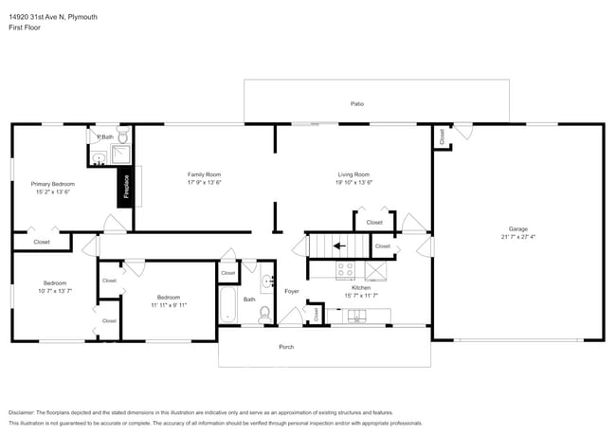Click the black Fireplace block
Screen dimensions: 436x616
tap(124, 187)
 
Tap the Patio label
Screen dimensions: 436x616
tap(356, 103)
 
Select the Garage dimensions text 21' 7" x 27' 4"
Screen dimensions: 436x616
tap(518, 237)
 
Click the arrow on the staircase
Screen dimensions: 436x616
tap(338, 247)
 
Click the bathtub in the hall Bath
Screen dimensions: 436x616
tap(227, 305)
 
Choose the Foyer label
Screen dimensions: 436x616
tap(291, 292)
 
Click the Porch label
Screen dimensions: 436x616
tap(286, 347)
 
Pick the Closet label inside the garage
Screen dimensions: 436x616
tap(443, 136)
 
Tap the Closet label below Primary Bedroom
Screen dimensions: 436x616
tap(42, 243)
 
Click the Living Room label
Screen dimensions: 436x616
tap(353, 174)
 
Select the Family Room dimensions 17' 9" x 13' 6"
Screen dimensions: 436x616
tap(204, 183)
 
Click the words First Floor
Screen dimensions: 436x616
tap(24, 28)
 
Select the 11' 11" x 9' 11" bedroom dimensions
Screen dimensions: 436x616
tap(168, 305)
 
